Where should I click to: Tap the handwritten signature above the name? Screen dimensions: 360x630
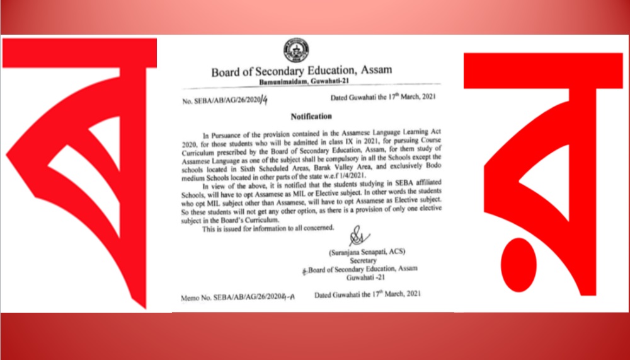pyautogui.click(x=357, y=238)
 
